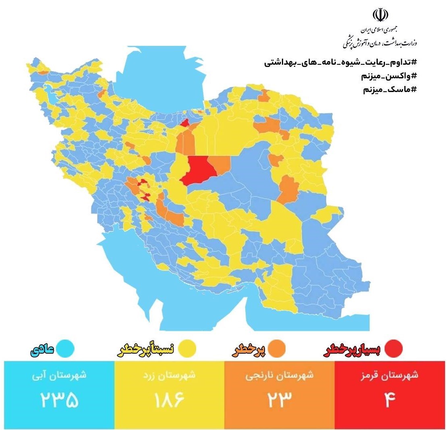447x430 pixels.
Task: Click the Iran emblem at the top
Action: coord(381,15)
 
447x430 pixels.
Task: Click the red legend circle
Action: coord(393,348)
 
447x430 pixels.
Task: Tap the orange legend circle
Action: coord(277,348)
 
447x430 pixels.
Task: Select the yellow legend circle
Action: coord(187,348)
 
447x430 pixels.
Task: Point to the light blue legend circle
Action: coord(65,348)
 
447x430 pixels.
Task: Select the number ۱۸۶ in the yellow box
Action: coord(169,400)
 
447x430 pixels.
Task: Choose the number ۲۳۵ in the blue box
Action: coord(59,400)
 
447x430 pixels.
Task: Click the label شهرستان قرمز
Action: coord(389,376)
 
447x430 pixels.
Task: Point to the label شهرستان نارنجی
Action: coord(279,376)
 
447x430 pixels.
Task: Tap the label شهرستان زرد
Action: coord(170,376)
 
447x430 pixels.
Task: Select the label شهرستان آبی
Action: coord(59,376)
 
